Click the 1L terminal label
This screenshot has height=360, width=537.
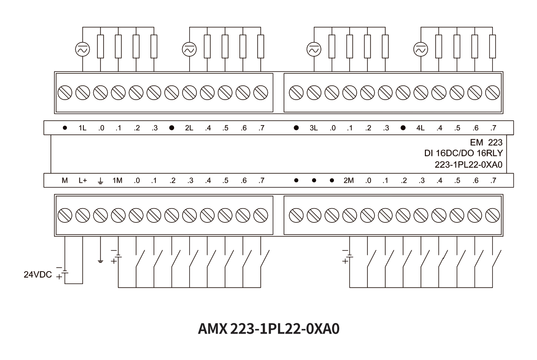[82, 128]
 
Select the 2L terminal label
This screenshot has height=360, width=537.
[189, 128]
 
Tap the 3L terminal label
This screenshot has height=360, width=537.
[314, 128]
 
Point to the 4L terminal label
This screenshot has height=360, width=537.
[420, 128]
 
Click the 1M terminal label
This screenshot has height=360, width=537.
[117, 181]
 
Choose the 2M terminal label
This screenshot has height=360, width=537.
[349, 181]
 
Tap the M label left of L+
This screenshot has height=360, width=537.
[64, 181]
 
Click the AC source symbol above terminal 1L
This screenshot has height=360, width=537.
[83, 50]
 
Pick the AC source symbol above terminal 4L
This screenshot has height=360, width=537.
[420, 50]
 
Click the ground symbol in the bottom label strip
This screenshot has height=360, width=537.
[100, 181]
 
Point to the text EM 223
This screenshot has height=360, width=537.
[487, 143]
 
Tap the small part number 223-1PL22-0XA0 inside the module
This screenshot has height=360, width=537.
[469, 164]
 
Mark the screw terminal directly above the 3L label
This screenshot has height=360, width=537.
[314, 93]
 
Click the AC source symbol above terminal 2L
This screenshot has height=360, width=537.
[189, 50]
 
